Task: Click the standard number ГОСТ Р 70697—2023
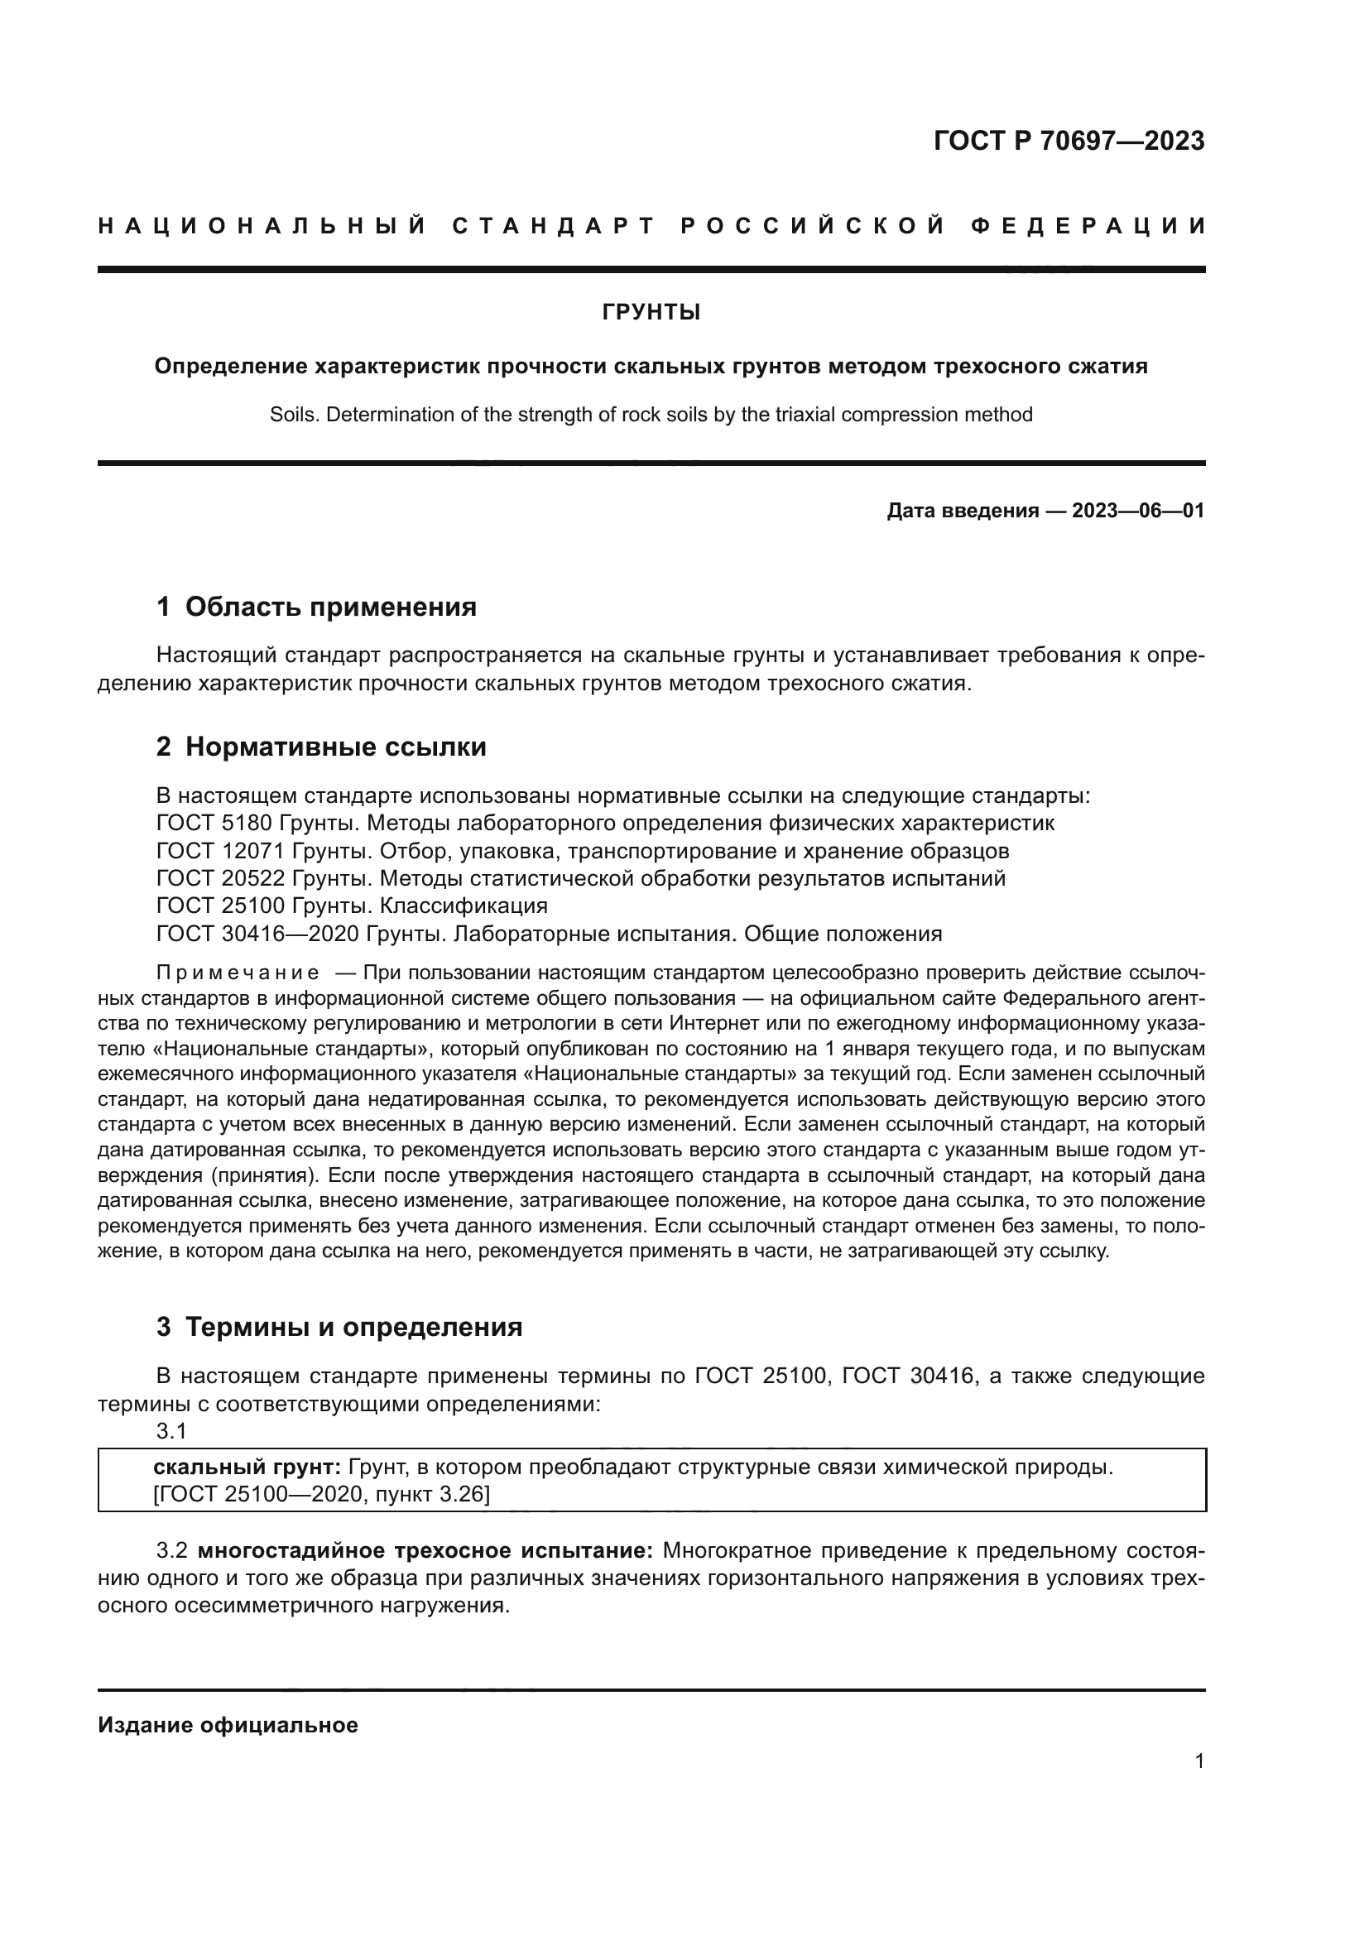click(x=1069, y=141)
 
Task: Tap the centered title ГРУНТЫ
click(x=651, y=313)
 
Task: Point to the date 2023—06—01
click(x=1137, y=511)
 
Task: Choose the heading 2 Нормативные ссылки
click(x=321, y=747)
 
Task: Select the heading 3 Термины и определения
click(x=339, y=1327)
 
